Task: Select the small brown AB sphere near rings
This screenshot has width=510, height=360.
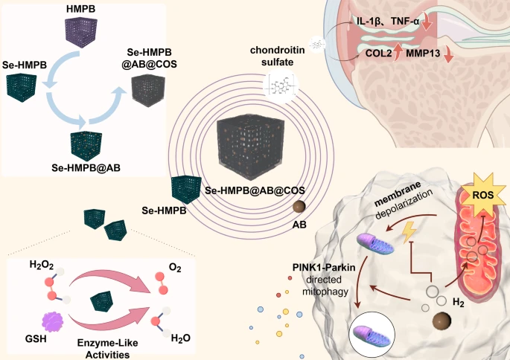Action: pyautogui.click(x=299, y=206)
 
